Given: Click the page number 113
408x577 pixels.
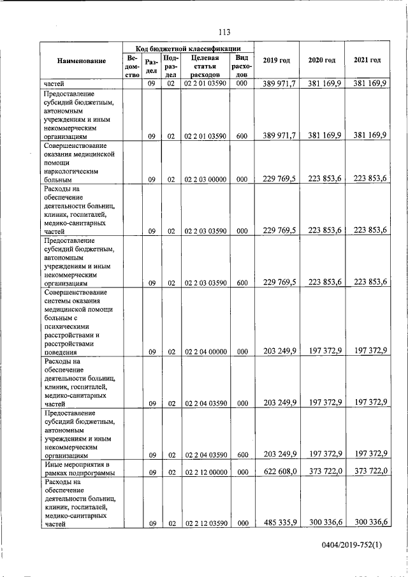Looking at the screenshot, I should pos(223,33).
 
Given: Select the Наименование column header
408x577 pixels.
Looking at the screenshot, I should pos(82,61).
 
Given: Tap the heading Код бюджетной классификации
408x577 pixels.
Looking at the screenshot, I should pos(188,48).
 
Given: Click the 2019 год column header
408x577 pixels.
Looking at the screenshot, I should pos(276,60).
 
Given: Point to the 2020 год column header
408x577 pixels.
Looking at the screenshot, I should pos(321,60).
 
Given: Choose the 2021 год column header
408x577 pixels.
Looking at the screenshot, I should pos(367,60).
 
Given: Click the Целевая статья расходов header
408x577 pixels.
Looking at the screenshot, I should pos(205,66).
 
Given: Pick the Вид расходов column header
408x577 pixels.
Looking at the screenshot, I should pos(242,66).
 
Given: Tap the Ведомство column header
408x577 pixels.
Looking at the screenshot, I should pos(132,66).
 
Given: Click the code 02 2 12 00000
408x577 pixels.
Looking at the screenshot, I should pos(205,473).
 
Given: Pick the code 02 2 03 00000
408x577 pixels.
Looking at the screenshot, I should pos(205,180).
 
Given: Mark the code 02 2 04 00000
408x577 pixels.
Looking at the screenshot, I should pos(205,351).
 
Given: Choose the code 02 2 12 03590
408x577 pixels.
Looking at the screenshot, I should pos(205,523).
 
